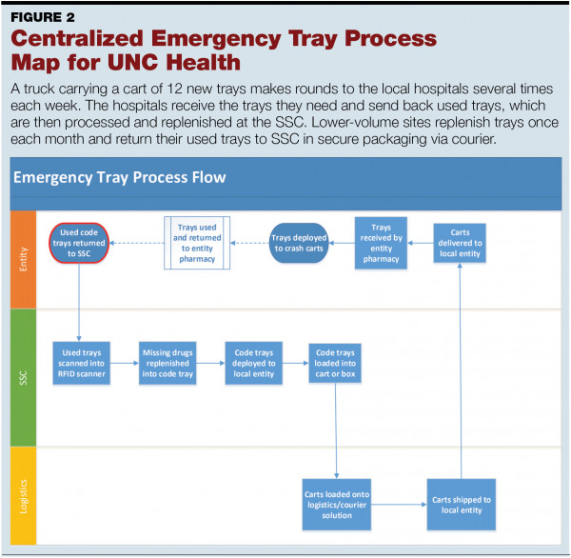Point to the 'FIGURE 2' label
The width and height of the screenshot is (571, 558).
(46, 16)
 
